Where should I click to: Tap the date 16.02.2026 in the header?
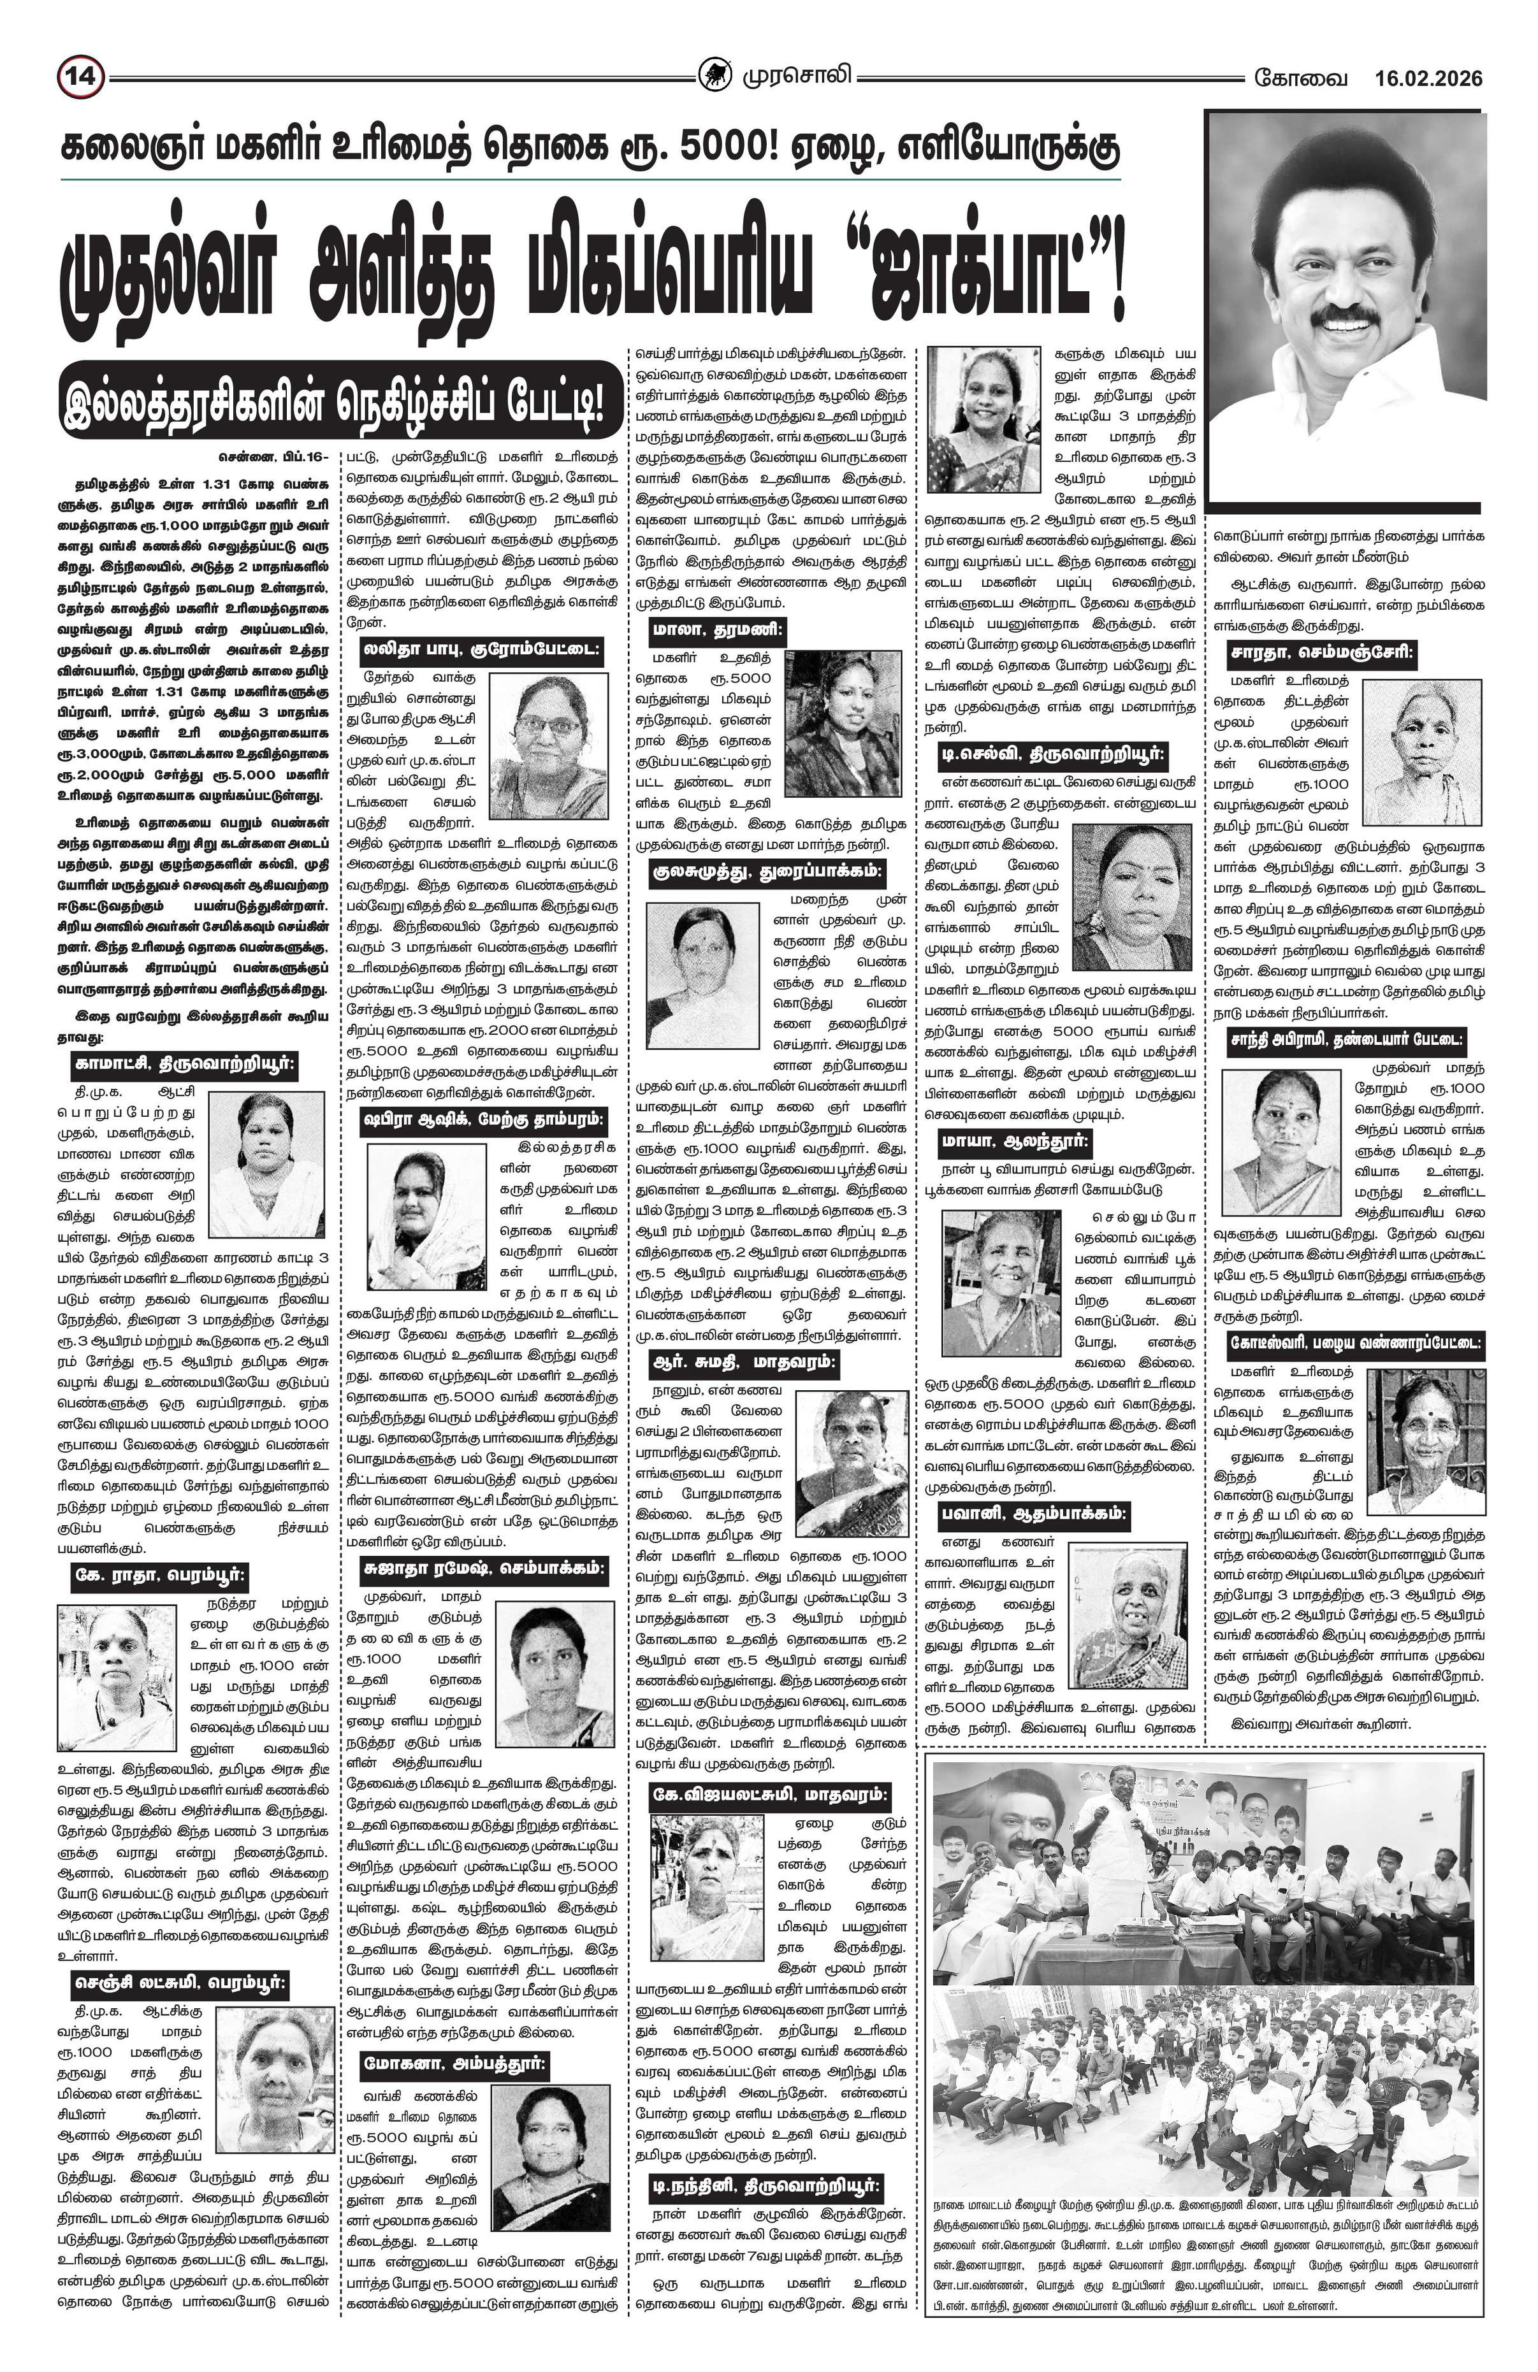click(x=1427, y=78)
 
